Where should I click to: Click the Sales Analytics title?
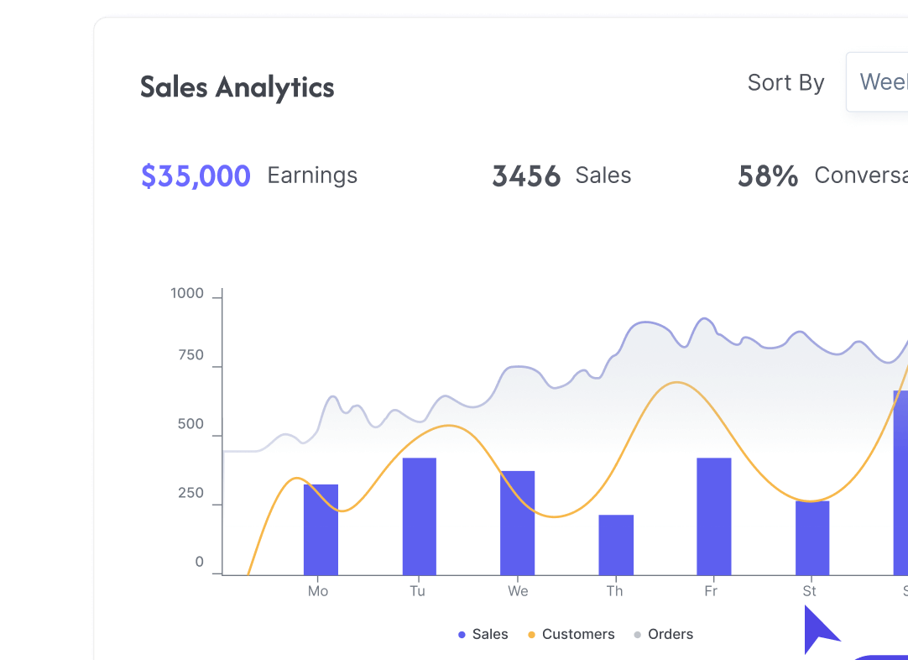tap(237, 87)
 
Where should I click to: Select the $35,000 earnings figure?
tap(196, 176)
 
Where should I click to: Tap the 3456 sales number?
tap(526, 176)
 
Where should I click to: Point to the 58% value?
tap(768, 176)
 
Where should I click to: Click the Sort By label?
tap(785, 83)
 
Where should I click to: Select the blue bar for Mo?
tap(321, 529)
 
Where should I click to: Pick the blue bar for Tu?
tap(419, 516)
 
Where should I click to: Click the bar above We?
tap(517, 522)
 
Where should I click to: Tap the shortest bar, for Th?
tap(616, 544)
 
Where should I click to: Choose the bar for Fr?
tap(713, 516)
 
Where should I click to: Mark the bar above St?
tap(811, 537)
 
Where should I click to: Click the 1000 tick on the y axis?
tap(187, 294)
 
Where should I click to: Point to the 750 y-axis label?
tap(190, 355)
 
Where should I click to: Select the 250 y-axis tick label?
tap(190, 494)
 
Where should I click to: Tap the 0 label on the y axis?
tap(200, 563)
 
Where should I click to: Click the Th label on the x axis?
tap(615, 591)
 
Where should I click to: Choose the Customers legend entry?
tap(577, 635)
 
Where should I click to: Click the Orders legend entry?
tap(670, 635)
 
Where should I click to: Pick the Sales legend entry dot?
tap(462, 635)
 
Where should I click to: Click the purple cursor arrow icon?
tap(818, 630)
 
